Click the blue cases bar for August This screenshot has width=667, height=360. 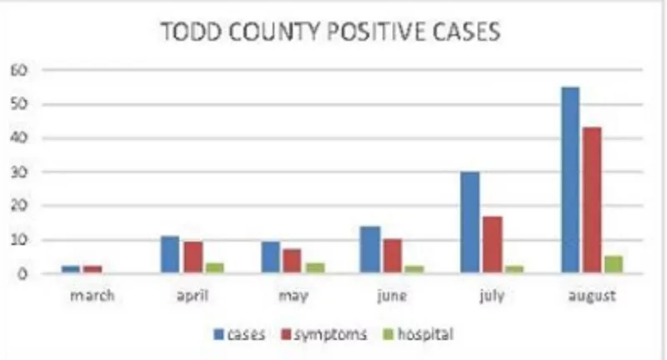(571, 180)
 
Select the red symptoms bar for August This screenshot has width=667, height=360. (592, 200)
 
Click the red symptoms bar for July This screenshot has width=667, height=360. (492, 244)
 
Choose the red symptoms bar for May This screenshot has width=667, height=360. (292, 261)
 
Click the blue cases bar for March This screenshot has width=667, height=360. (71, 269)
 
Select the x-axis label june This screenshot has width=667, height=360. (392, 295)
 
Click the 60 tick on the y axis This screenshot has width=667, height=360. (19, 70)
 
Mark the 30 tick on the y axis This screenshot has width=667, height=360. (19, 172)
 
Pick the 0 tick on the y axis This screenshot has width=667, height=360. (23, 273)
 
